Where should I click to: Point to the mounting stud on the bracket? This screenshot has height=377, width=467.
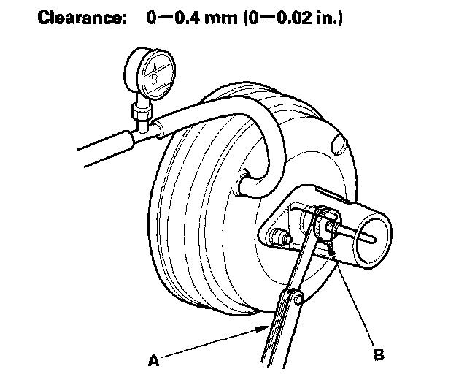tap(279, 237)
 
